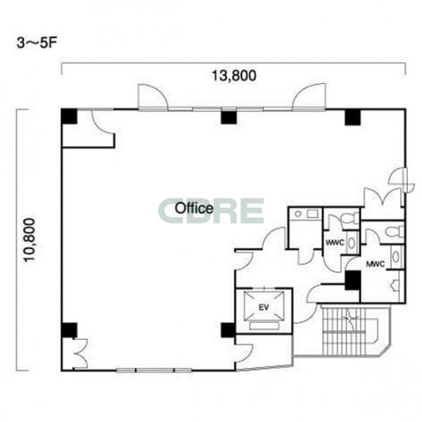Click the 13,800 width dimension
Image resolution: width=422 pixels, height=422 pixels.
click(233, 75)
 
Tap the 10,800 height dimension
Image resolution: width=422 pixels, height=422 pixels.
click(29, 240)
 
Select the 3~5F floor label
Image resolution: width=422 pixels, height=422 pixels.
click(37, 43)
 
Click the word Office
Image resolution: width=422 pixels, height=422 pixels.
click(194, 208)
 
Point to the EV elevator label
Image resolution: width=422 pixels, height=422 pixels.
click(264, 307)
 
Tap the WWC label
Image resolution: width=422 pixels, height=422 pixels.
click(335, 243)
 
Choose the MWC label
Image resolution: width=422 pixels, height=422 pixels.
click(375, 264)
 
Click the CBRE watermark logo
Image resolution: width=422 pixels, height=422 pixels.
click(211, 211)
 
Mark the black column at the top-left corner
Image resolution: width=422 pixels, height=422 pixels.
click(69, 116)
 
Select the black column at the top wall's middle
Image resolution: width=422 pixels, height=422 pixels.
click(229, 117)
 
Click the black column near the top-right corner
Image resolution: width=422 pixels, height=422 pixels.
click(352, 117)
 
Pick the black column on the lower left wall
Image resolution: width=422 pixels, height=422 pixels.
click(69, 330)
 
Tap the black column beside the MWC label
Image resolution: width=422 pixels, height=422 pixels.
click(353, 281)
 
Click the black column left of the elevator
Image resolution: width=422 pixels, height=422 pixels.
click(228, 330)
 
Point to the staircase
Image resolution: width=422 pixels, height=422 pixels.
click(350, 331)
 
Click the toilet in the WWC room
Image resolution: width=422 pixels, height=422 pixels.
click(350, 217)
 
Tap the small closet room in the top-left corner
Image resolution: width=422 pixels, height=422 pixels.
click(88, 128)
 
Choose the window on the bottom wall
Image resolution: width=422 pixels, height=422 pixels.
click(154, 371)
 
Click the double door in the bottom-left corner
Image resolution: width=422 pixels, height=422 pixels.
click(81, 353)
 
